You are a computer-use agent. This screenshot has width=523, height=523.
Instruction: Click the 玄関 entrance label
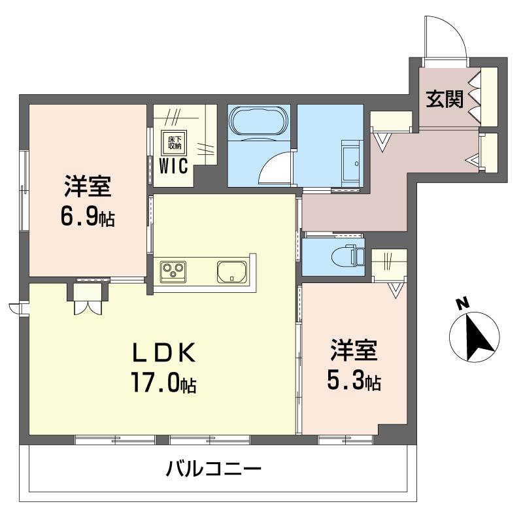pyautogui.click(x=445, y=99)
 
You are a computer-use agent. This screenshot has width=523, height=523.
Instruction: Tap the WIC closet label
pyautogui.click(x=174, y=165)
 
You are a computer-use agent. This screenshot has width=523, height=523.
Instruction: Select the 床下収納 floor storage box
pyautogui.click(x=175, y=141)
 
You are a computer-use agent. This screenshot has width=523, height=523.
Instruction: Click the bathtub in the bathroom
pyautogui.click(x=258, y=121)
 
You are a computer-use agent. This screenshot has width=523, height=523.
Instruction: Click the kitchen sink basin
pyautogui.click(x=231, y=271)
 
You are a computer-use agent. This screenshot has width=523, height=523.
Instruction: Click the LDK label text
pyautogui.click(x=165, y=354)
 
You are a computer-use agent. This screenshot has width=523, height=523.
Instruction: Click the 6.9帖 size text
pyautogui.click(x=88, y=217)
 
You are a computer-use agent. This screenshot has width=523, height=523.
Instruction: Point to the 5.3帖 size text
pyautogui.click(x=354, y=380)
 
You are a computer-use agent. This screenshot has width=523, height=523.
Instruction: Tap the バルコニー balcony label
pyautogui.click(x=214, y=469)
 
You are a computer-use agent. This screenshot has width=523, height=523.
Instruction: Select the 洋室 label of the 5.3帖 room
pyautogui.click(x=353, y=350)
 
